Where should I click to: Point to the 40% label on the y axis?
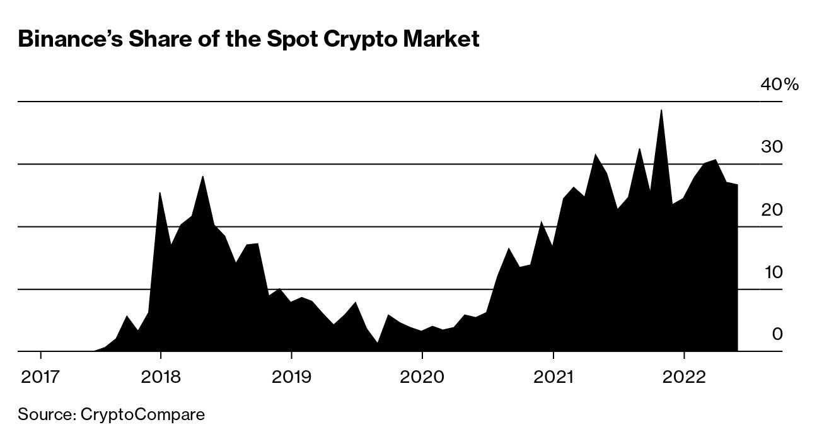click(x=779, y=85)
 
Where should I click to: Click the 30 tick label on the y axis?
click(x=772, y=147)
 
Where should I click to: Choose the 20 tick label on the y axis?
click(x=772, y=209)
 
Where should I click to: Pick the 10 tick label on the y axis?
click(x=772, y=272)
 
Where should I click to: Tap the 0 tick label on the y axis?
click(x=777, y=334)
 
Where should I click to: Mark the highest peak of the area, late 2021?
click(x=661, y=110)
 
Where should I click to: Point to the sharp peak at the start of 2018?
click(x=159, y=193)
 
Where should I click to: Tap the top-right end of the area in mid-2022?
click(x=737, y=185)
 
